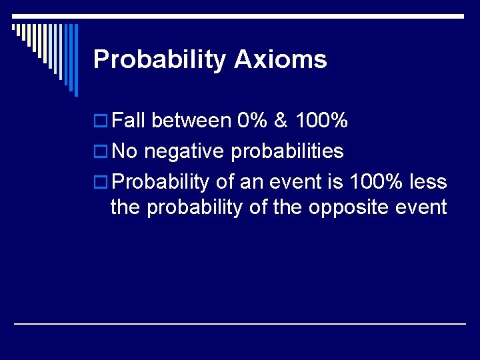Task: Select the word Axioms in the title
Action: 281,59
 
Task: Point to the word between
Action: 191,121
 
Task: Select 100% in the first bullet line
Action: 321,121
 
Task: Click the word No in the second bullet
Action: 125,151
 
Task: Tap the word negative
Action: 185,151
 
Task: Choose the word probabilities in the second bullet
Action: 287,152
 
